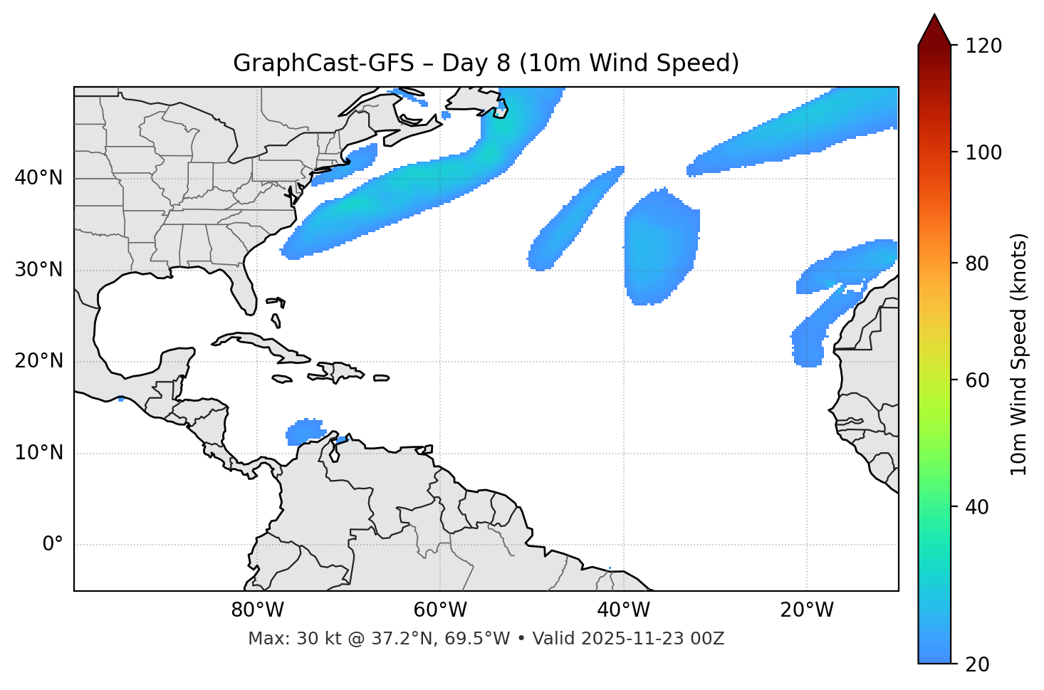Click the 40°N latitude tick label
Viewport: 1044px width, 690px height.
(38, 178)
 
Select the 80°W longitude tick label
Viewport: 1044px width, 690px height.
(257, 610)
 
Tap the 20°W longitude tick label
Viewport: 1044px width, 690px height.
(807, 610)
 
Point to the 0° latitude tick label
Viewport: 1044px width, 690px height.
(53, 545)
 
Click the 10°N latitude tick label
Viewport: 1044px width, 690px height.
(38, 453)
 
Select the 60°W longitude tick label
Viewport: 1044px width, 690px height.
(440, 610)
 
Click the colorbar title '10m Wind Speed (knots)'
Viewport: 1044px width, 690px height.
(1019, 354)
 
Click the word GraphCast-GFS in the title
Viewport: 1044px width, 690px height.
(323, 63)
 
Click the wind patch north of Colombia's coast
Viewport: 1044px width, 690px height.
(305, 432)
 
